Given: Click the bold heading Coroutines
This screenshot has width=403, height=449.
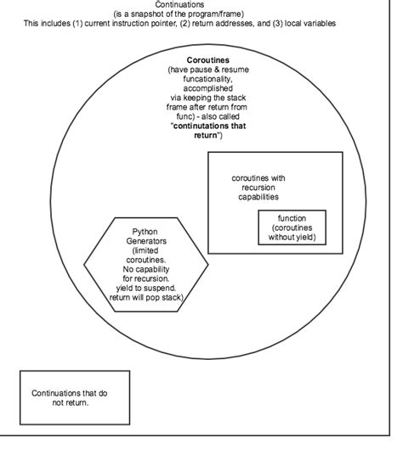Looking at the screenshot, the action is [208, 60].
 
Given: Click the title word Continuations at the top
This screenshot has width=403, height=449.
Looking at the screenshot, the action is [179, 4].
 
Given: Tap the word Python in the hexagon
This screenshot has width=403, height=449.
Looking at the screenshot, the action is [145, 232].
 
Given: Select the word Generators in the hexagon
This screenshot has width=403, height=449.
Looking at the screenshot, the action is [146, 241].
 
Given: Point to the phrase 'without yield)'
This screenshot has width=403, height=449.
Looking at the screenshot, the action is [292, 237].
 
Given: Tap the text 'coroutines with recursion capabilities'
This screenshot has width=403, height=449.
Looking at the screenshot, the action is [258, 188].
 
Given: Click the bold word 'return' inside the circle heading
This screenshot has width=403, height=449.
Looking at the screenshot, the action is [206, 135].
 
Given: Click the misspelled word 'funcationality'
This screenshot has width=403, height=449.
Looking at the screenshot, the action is [207, 79].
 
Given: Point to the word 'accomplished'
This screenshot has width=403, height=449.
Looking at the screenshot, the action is [208, 88].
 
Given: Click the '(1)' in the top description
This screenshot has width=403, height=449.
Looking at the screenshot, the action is [77, 23].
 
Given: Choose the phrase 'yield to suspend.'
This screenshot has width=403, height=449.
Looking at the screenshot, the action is [146, 288].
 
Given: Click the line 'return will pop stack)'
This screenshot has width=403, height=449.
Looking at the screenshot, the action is [146, 297].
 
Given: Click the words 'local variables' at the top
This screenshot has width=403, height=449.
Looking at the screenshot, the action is [310, 23].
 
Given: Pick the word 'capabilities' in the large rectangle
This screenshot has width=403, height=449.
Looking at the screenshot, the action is [258, 197].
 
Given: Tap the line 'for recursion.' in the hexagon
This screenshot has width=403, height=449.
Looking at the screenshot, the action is [146, 278].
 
